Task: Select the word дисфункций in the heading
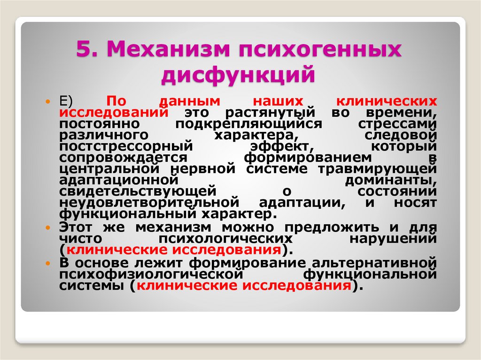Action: coord(237,75)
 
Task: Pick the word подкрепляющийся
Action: coord(248,124)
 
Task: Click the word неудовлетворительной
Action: coord(147,202)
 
